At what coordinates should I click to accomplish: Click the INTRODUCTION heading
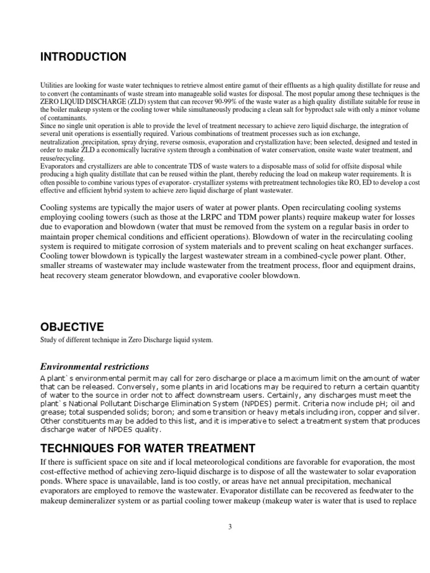click(83, 57)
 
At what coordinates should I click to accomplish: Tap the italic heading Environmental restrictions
click(94, 367)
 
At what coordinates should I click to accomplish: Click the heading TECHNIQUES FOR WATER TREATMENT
click(147, 448)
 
